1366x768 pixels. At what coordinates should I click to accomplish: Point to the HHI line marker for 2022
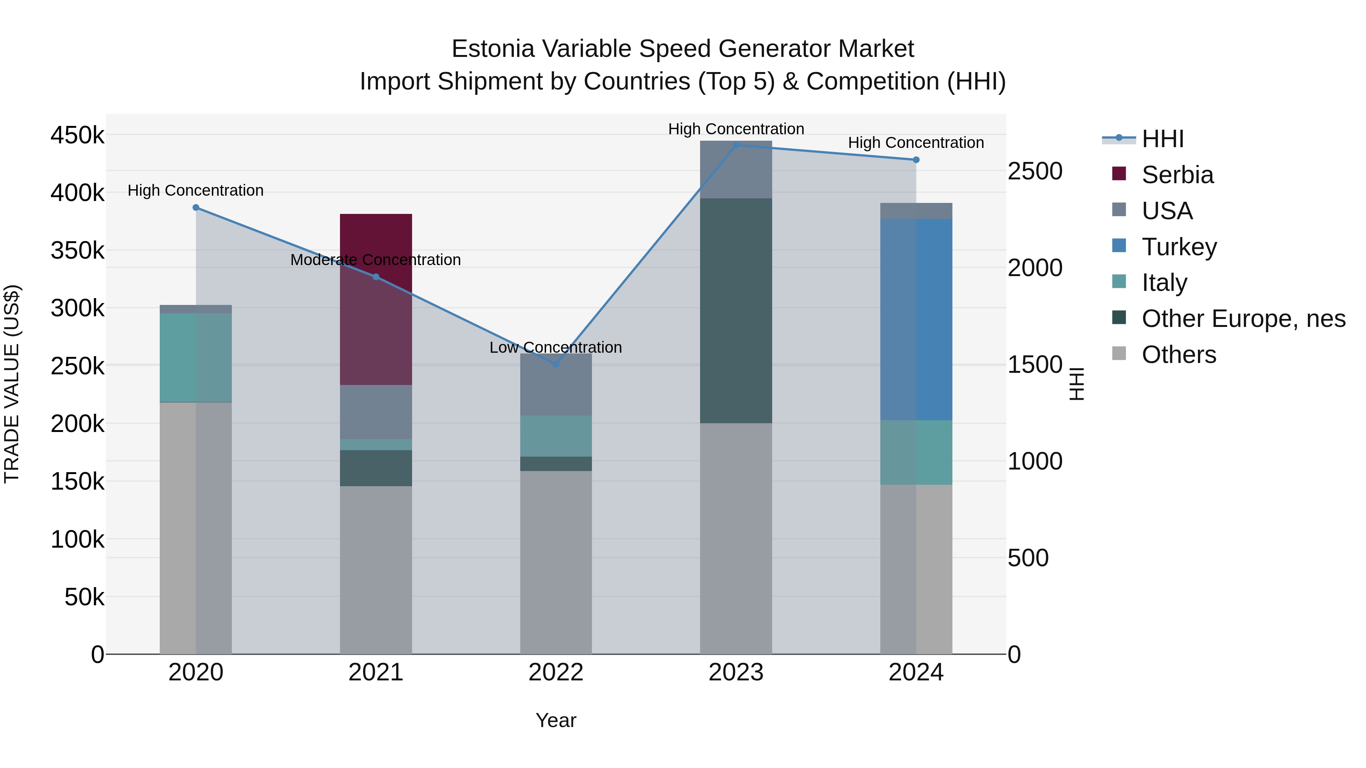(x=556, y=364)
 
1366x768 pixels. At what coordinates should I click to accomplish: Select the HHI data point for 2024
(x=916, y=160)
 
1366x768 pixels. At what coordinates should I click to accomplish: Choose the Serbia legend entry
(x=1177, y=175)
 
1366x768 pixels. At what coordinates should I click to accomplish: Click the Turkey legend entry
(x=1179, y=247)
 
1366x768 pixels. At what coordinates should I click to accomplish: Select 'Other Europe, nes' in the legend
(x=1243, y=319)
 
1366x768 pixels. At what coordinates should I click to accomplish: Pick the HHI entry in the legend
(x=1162, y=139)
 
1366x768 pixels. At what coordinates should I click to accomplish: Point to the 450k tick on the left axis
(x=77, y=135)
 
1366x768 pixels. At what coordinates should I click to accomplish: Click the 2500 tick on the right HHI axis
(x=1034, y=171)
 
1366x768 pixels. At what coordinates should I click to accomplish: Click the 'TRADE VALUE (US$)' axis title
(x=12, y=384)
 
